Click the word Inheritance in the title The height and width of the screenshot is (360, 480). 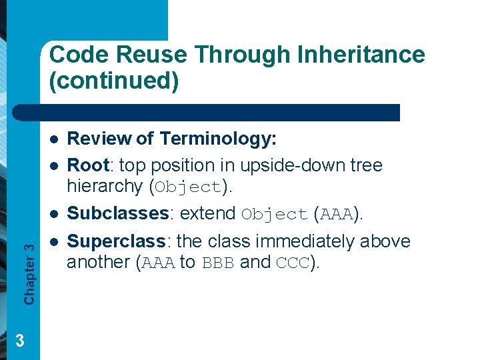pos(363,54)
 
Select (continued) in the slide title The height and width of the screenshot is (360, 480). pos(114,81)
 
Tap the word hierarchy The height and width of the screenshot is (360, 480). pos(107,186)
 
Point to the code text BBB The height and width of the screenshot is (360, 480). pos(218,263)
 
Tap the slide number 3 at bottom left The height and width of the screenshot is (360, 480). pos(20,341)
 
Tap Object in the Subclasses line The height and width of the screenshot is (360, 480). pos(274,215)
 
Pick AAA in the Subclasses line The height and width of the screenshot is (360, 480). pos(337,215)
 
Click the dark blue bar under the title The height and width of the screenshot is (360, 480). pos(220,113)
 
